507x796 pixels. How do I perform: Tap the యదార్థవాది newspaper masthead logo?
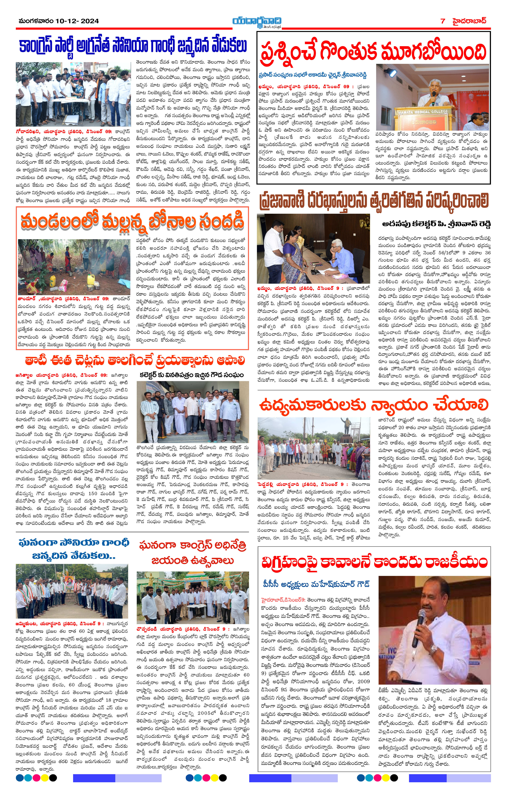[256, 22]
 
